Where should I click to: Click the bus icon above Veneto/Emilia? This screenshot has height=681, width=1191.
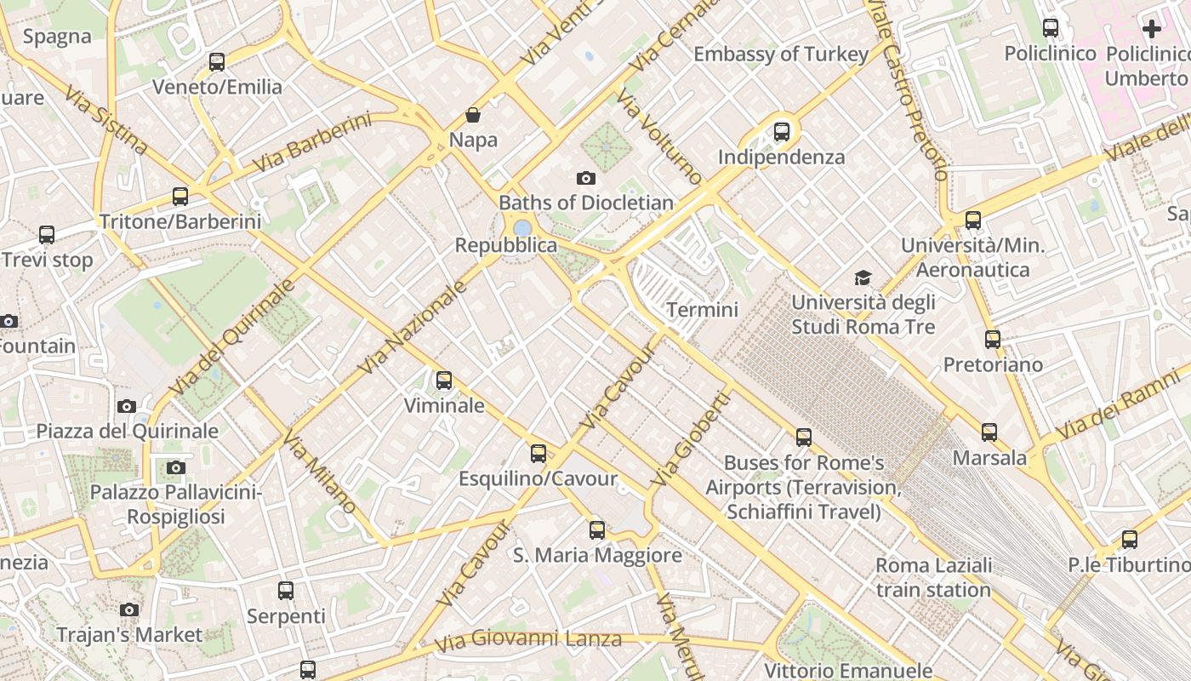[x=217, y=62]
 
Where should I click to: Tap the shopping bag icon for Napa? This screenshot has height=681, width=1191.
[x=473, y=115]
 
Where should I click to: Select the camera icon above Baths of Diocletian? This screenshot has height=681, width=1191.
[x=585, y=178]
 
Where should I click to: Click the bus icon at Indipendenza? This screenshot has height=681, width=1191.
[x=781, y=132]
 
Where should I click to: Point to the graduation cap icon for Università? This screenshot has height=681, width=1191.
[x=863, y=278]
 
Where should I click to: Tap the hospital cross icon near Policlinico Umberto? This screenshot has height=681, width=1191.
[x=1151, y=29]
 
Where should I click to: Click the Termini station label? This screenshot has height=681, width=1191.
[x=702, y=310]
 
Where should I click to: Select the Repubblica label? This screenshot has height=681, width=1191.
[x=506, y=246]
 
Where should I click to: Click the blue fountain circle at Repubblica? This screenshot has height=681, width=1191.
[x=522, y=227]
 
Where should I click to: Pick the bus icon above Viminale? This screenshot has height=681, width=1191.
[x=444, y=381]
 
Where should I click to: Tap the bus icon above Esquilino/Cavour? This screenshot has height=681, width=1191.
[x=539, y=454]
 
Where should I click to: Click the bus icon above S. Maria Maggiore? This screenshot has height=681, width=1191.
[x=597, y=530]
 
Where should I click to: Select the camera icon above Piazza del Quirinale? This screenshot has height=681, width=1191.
[x=127, y=406]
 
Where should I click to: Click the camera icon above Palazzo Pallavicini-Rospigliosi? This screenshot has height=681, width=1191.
[x=176, y=467]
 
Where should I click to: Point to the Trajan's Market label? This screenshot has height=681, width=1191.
[x=129, y=635]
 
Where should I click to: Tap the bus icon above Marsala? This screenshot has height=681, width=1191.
[x=989, y=432]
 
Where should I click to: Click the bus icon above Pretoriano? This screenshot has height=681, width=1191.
[x=992, y=340]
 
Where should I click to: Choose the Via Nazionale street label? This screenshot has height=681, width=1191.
[x=413, y=328]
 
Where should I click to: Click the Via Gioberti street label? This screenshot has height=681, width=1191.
[x=691, y=439]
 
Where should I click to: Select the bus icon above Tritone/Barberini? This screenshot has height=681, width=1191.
[x=180, y=197]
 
